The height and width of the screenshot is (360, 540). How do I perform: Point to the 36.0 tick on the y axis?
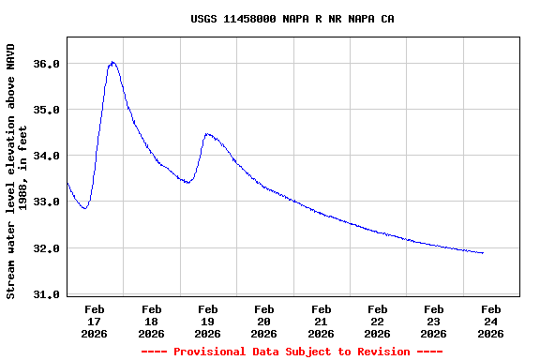click(x=47, y=64)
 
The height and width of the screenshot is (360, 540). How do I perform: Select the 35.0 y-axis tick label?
click(x=47, y=110)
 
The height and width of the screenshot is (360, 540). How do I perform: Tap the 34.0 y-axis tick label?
click(x=47, y=156)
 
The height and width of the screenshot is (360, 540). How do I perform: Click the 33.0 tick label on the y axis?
click(x=47, y=202)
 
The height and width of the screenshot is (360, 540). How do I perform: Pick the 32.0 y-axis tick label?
click(x=47, y=248)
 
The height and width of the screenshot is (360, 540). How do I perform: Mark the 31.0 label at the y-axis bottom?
click(x=47, y=294)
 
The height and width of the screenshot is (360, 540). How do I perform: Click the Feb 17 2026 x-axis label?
click(x=95, y=321)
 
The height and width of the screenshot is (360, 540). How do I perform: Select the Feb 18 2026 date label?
click(x=151, y=321)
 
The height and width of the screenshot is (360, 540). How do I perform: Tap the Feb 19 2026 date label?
click(x=207, y=321)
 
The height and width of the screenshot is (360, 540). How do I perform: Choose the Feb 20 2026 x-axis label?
click(x=264, y=321)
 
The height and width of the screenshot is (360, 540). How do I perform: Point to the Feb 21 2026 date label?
click(x=321, y=321)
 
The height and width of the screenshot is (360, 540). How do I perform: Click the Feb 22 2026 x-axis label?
click(x=378, y=321)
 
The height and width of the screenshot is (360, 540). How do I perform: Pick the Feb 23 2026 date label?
click(x=434, y=321)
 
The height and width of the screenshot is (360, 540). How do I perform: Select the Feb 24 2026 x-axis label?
click(x=490, y=321)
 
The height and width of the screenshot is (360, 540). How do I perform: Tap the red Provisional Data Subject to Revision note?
click(x=292, y=352)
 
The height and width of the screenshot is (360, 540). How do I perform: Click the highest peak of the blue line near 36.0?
click(x=112, y=62)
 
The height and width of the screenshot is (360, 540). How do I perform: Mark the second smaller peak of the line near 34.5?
click(x=206, y=134)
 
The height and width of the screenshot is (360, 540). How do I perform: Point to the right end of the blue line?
click(x=483, y=253)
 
